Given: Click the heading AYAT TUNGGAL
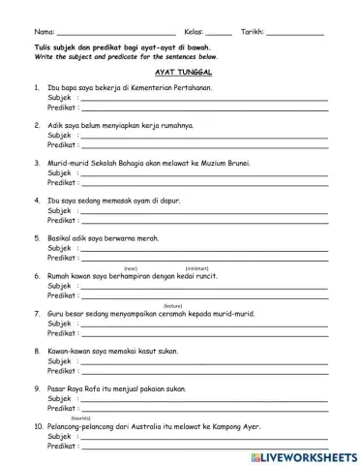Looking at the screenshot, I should [184, 73].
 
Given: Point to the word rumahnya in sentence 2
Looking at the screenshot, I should [173, 126].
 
